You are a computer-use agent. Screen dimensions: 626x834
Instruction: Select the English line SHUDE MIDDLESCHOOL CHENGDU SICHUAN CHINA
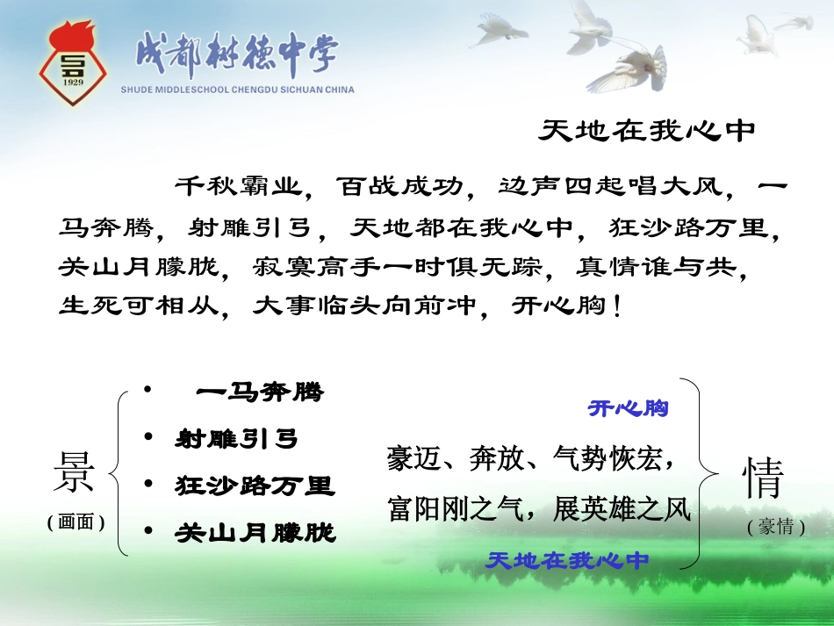(238, 90)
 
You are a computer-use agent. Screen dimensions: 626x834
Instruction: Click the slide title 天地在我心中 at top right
(647, 131)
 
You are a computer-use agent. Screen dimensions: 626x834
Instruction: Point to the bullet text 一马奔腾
(259, 392)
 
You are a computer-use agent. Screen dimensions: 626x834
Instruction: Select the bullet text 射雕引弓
(237, 438)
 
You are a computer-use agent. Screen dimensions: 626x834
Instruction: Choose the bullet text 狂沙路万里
(255, 485)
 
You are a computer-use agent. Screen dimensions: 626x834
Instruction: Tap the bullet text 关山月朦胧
(255, 532)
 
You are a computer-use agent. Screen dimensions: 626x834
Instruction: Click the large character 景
(75, 477)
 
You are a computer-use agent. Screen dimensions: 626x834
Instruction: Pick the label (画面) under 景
(75, 522)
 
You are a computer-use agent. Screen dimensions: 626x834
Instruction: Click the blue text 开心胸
(628, 408)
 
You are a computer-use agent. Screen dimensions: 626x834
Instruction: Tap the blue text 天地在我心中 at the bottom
(567, 560)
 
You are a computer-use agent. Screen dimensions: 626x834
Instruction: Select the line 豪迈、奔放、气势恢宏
(530, 458)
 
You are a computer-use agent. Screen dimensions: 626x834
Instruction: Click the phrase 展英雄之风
(622, 509)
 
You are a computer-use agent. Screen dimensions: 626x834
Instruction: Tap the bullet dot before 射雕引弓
(148, 436)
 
